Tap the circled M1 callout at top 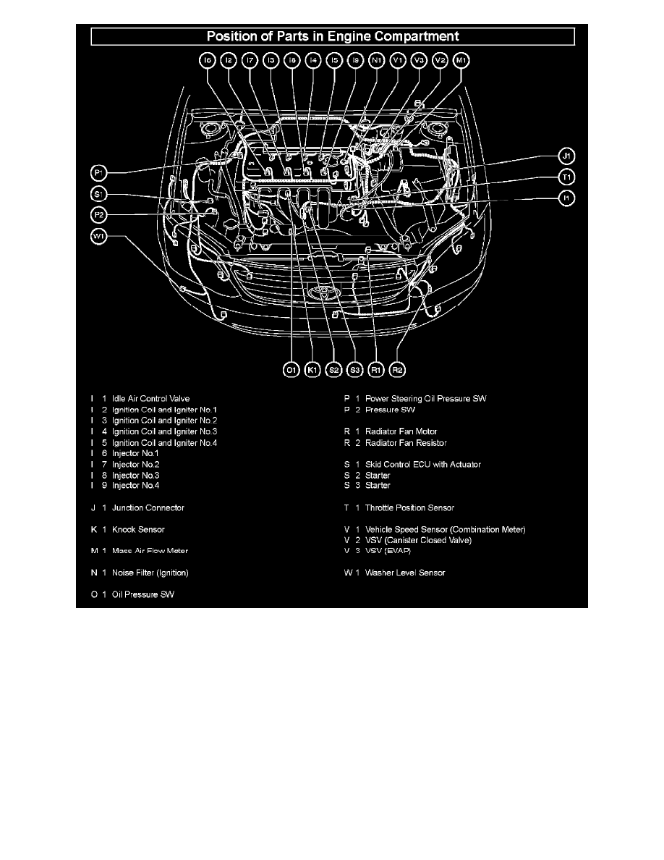tap(461, 62)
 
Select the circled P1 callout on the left tap(99, 172)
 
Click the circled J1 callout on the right tap(568, 156)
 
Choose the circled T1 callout tap(568, 177)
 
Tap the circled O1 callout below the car tap(291, 370)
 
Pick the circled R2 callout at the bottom tap(397, 370)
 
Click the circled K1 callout tap(312, 370)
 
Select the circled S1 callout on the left tap(99, 194)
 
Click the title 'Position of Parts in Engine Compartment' tap(332, 35)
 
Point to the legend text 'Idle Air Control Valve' tap(150, 399)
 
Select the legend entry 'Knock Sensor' tap(138, 530)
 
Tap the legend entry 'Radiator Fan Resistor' tap(406, 442)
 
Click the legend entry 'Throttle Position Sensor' tap(409, 508)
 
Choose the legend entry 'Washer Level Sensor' tap(405, 573)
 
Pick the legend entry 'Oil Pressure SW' tap(143, 595)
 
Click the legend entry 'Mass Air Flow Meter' tap(150, 551)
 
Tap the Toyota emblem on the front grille tap(319, 292)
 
